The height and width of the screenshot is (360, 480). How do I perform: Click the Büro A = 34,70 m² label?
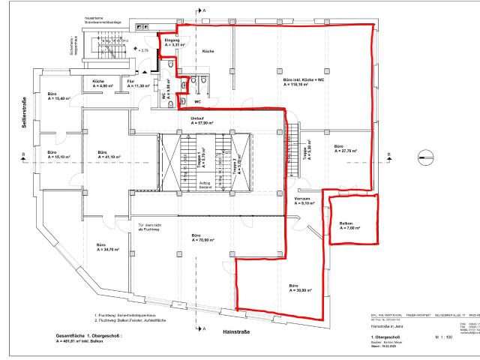[x=107, y=247]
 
